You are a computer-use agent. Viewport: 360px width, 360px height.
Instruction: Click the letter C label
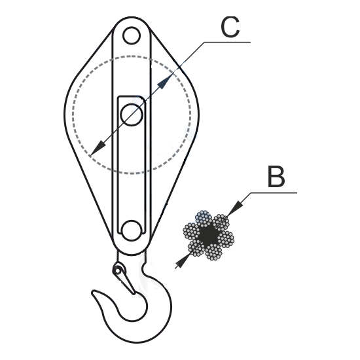230,27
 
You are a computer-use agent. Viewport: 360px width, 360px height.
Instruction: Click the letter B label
276,177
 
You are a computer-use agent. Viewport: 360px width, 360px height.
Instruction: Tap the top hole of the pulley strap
132,35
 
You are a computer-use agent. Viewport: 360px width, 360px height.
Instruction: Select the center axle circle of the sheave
132,115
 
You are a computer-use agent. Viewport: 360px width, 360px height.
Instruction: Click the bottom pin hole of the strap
132,230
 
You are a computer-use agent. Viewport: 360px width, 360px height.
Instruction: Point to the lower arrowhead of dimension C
98,149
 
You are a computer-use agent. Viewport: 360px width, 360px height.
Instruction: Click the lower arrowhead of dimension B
183,262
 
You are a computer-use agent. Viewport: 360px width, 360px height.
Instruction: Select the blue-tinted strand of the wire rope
204,218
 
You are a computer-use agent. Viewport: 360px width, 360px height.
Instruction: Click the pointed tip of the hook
93,293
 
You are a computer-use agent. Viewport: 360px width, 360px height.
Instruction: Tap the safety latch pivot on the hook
118,271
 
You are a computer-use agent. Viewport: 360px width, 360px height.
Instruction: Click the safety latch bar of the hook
126,281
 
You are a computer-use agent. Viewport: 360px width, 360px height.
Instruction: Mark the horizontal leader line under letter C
227,42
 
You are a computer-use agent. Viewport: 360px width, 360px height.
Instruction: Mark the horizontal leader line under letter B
274,192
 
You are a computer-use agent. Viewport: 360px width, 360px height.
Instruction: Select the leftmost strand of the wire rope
192,231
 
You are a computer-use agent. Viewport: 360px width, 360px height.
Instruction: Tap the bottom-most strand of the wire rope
213,252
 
